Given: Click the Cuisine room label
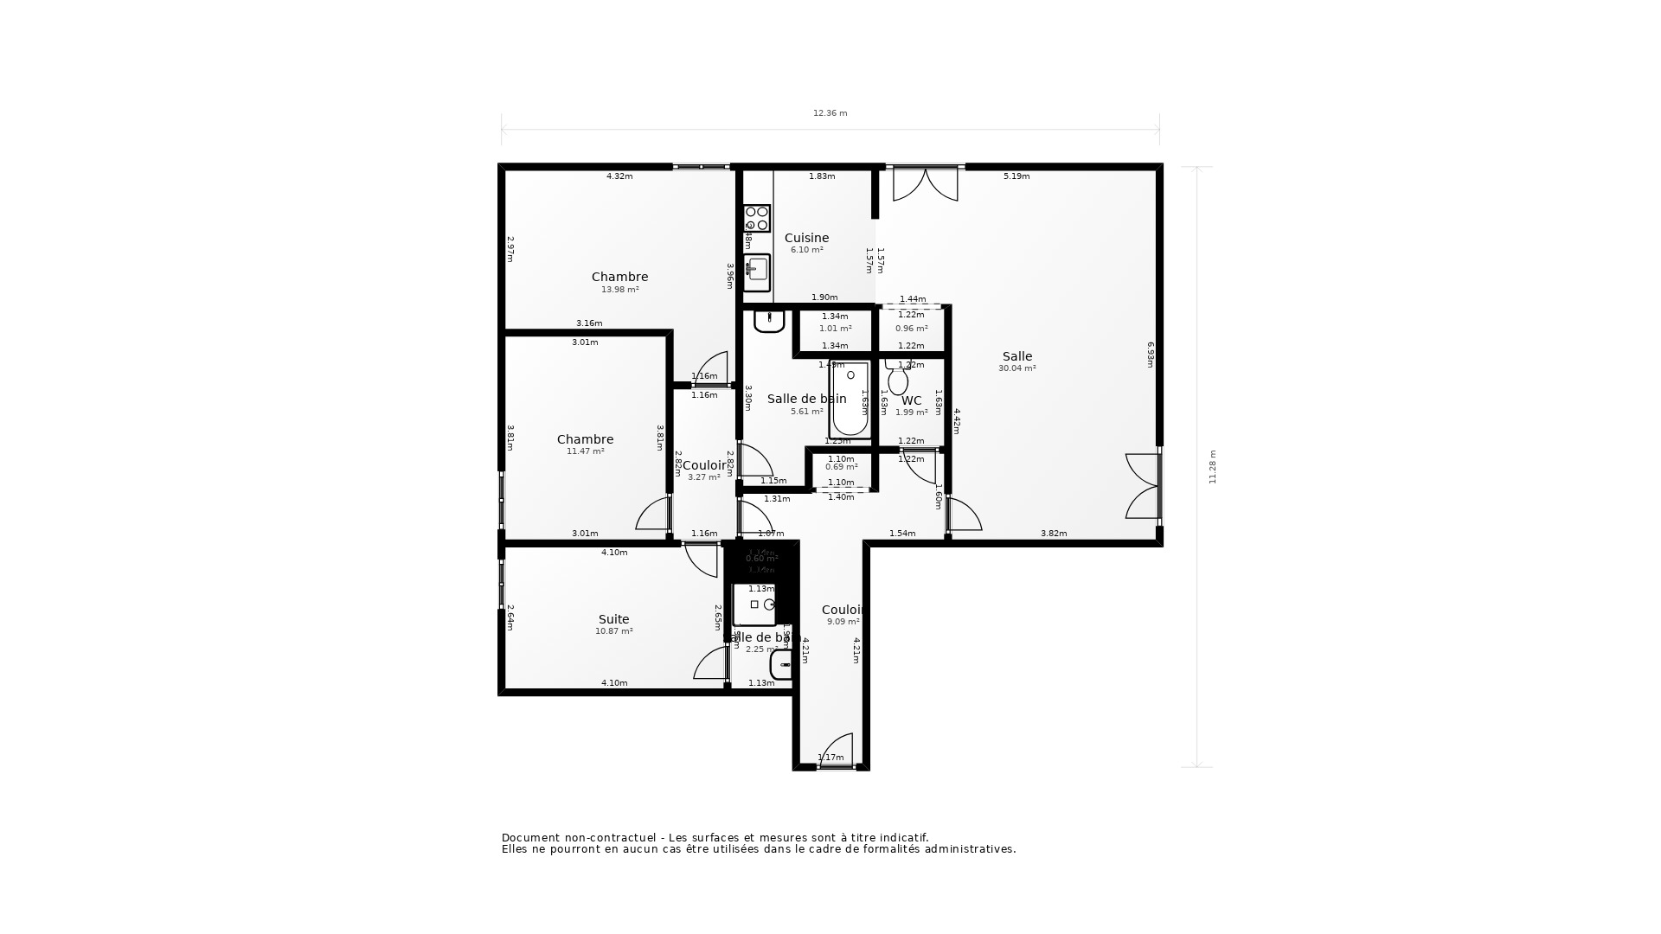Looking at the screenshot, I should pos(806,238).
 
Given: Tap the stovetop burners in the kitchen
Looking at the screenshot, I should pos(757,218).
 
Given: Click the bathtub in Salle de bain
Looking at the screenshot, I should pos(850,400).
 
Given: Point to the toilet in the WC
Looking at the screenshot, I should pos(898,379).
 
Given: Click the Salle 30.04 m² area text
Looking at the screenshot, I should pos(1016,368).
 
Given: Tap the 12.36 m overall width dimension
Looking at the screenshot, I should pos(830,113).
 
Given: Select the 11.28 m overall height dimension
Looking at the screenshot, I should pos(1212,467).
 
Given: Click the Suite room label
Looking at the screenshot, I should pos(613,619).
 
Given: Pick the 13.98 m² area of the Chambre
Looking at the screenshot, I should pos(619,290).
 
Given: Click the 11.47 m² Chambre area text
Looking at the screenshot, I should pos(585,451).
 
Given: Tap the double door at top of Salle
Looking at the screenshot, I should pos(925,183).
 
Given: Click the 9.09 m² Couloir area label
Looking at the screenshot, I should pos(843,622).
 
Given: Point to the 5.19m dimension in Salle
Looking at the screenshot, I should pos(1016,176).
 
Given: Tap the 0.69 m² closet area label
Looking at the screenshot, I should pos(841,467).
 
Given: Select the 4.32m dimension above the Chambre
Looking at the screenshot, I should pos(619,176).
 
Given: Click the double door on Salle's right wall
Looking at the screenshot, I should pos(1144,486).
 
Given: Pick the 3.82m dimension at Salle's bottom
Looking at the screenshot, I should pos(1053,534).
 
